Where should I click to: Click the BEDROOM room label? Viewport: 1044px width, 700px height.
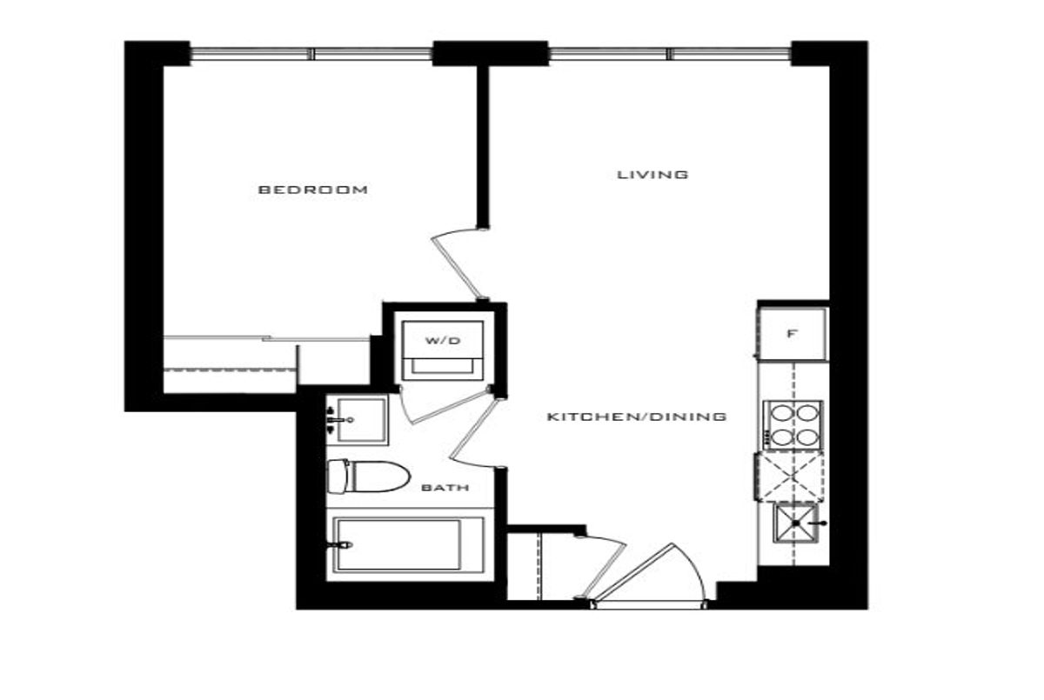[312, 190]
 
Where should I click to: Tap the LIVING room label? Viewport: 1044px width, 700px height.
[652, 175]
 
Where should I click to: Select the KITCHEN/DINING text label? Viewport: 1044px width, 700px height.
[636, 417]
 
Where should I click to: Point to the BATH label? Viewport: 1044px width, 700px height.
[445, 488]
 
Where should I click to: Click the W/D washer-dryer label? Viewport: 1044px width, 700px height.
[442, 341]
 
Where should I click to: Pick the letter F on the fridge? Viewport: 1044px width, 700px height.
[791, 334]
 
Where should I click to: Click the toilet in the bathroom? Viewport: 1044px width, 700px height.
[368, 476]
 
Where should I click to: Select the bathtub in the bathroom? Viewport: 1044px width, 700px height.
[405, 545]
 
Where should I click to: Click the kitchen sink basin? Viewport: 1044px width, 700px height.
[795, 523]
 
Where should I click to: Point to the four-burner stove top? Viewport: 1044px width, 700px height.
[793, 424]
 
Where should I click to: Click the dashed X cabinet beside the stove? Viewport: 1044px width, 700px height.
[791, 477]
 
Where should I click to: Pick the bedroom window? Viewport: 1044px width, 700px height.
[311, 54]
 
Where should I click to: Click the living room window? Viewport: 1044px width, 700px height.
[670, 54]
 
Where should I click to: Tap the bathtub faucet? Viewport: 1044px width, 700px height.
[340, 544]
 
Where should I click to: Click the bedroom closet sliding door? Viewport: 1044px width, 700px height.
[266, 338]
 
